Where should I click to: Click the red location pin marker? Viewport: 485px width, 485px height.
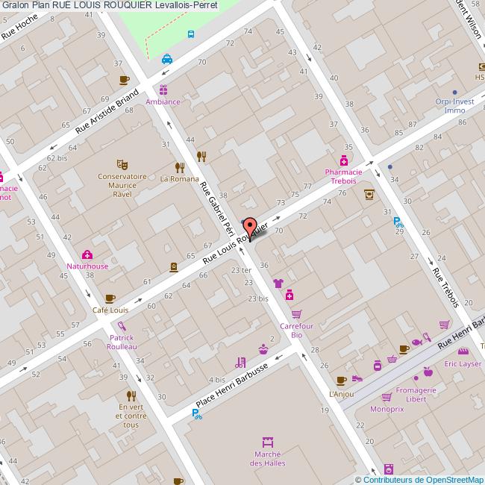click(x=250, y=226)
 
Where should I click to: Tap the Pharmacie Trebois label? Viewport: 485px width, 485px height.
click(x=343, y=176)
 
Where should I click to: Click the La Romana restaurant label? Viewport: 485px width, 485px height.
click(x=180, y=179)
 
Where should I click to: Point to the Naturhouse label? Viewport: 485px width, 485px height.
click(x=87, y=266)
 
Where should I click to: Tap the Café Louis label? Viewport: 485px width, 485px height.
click(x=110, y=310)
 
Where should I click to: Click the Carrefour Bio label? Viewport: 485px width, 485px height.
click(x=295, y=331)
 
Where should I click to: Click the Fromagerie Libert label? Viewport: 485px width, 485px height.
click(x=415, y=394)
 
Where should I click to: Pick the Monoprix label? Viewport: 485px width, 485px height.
click(x=387, y=409)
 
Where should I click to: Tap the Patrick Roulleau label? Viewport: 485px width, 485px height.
click(x=121, y=342)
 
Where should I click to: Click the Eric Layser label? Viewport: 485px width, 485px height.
click(x=463, y=364)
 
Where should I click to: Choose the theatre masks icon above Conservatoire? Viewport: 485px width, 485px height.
click(x=122, y=163)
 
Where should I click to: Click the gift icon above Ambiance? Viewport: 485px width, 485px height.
click(x=163, y=90)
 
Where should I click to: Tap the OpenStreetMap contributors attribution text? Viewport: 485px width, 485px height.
click(x=419, y=480)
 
